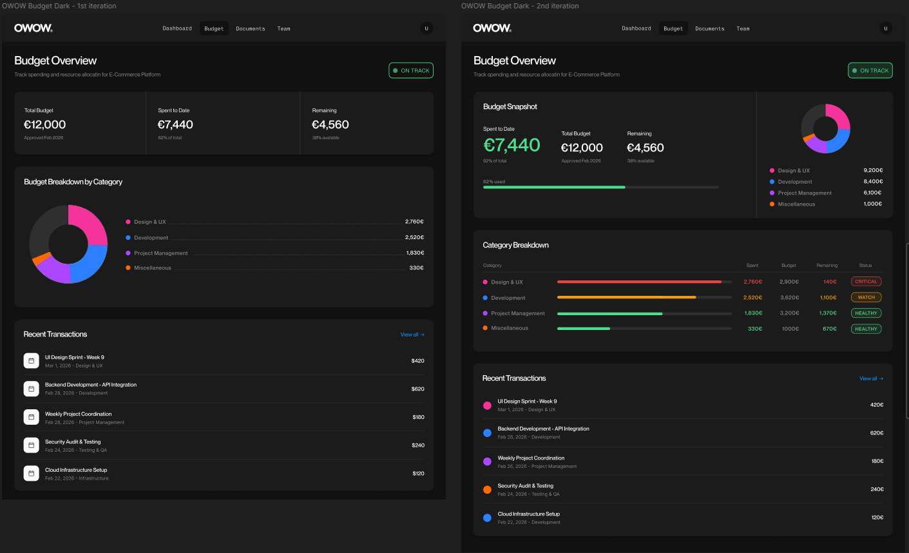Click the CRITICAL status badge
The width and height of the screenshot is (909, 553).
tap(866, 282)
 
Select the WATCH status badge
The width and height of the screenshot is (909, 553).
tap(866, 298)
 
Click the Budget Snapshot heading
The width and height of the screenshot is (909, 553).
tap(510, 107)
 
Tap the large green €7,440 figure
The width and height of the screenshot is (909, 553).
tap(512, 145)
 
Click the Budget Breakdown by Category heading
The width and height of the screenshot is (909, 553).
tap(73, 182)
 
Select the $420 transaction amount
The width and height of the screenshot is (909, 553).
tap(417, 361)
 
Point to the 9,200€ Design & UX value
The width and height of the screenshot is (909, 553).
tap(873, 170)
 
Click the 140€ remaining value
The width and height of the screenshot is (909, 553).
tap(830, 282)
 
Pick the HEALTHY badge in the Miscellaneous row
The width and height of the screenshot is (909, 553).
tap(866, 329)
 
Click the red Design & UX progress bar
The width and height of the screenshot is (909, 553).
tap(639, 282)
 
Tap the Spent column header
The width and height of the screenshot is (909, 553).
tap(752, 266)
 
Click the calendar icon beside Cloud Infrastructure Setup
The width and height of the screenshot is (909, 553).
tap(31, 473)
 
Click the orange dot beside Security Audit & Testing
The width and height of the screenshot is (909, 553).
tap(487, 490)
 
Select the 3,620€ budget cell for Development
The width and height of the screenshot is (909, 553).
tap(789, 298)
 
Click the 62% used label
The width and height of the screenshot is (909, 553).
tap(494, 182)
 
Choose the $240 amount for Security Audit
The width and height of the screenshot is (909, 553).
tap(417, 445)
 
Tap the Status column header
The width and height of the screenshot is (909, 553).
tap(865, 266)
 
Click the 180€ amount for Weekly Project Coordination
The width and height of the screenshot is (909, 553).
tap(877, 461)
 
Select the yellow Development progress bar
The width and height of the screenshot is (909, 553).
tap(626, 297)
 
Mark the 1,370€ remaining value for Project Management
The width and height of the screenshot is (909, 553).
tap(828, 313)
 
